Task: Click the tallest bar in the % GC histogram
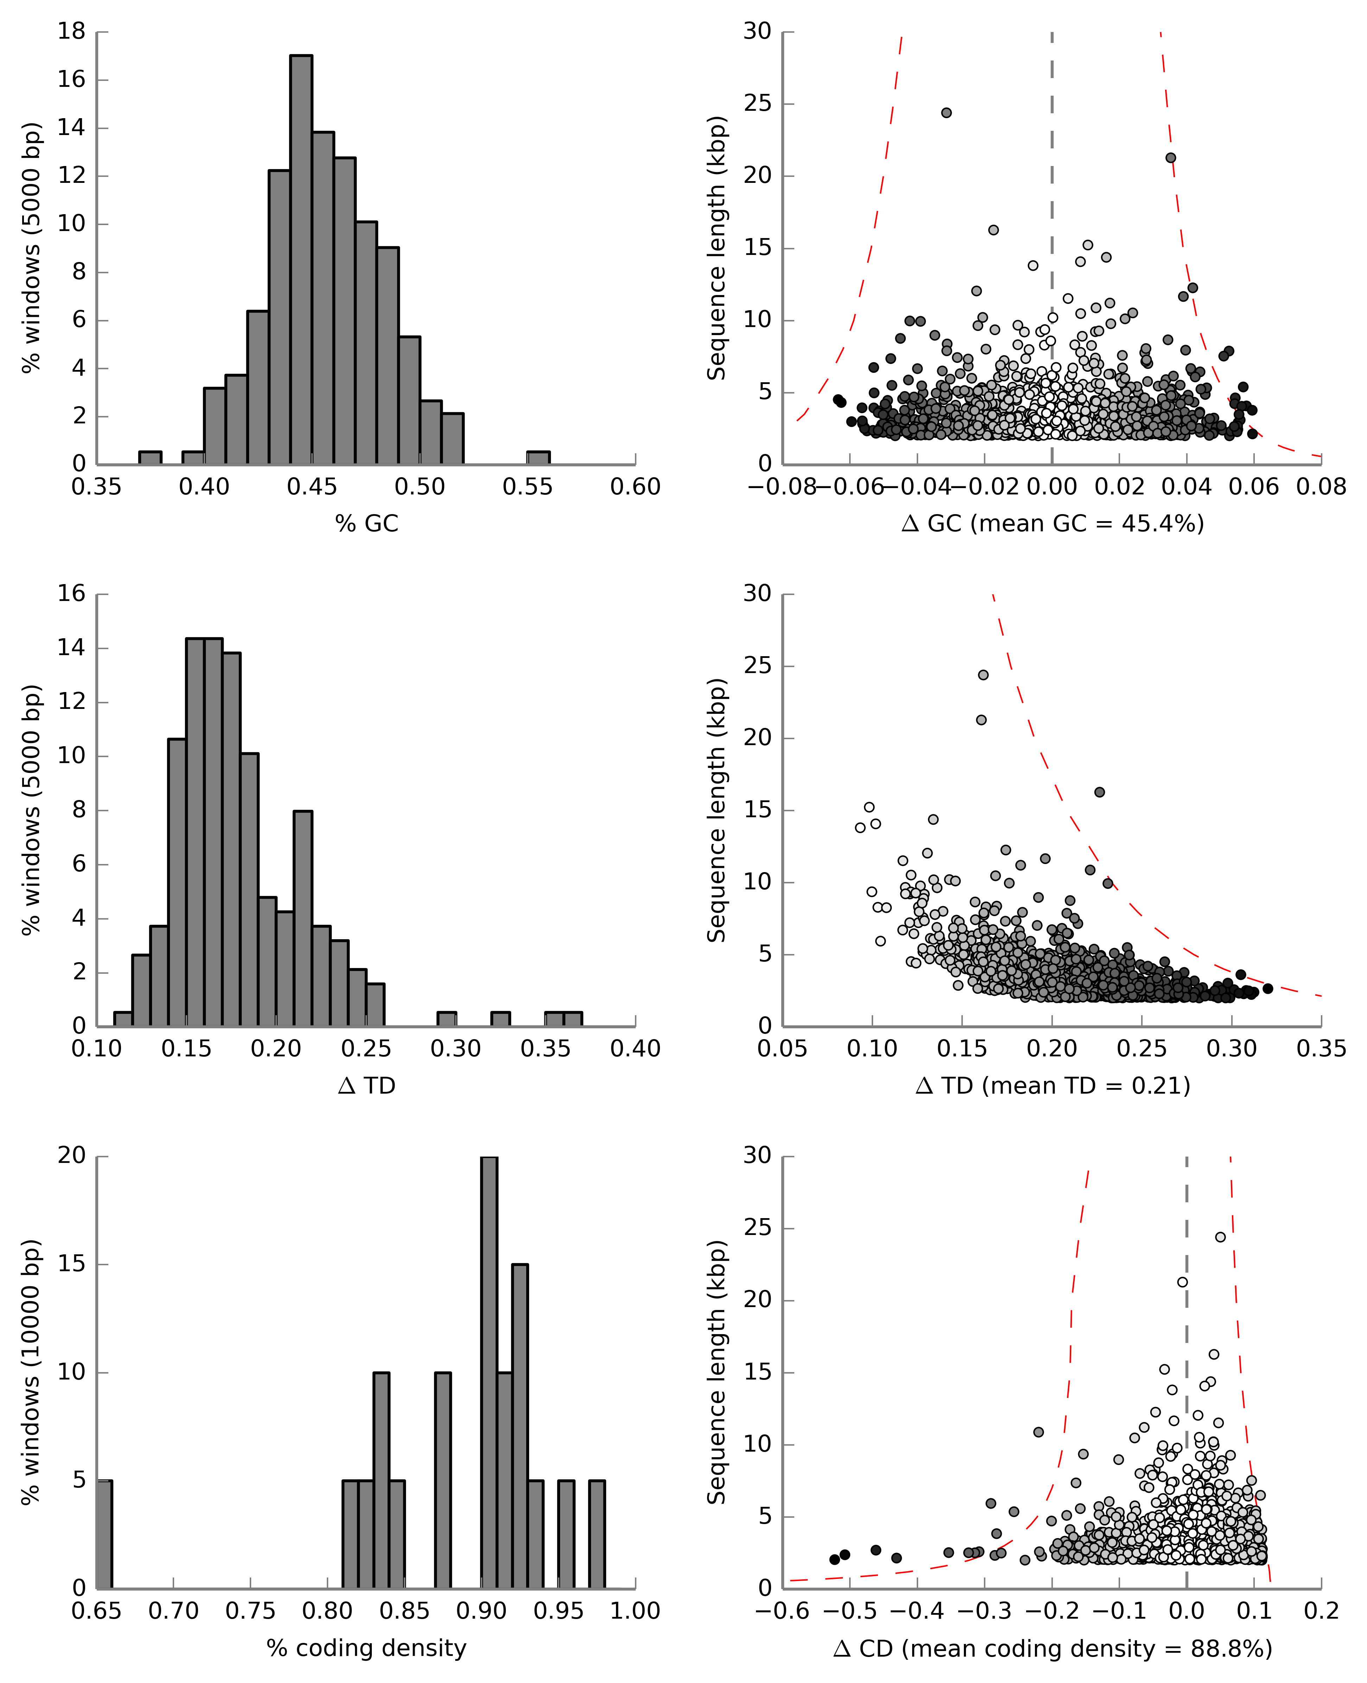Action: (301, 260)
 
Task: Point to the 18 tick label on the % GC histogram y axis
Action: (72, 32)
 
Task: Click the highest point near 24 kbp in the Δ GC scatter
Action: (947, 113)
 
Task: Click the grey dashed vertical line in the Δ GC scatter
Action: (1052, 197)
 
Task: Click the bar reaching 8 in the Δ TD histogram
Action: (303, 918)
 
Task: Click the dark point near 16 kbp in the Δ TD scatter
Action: (1099, 792)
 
